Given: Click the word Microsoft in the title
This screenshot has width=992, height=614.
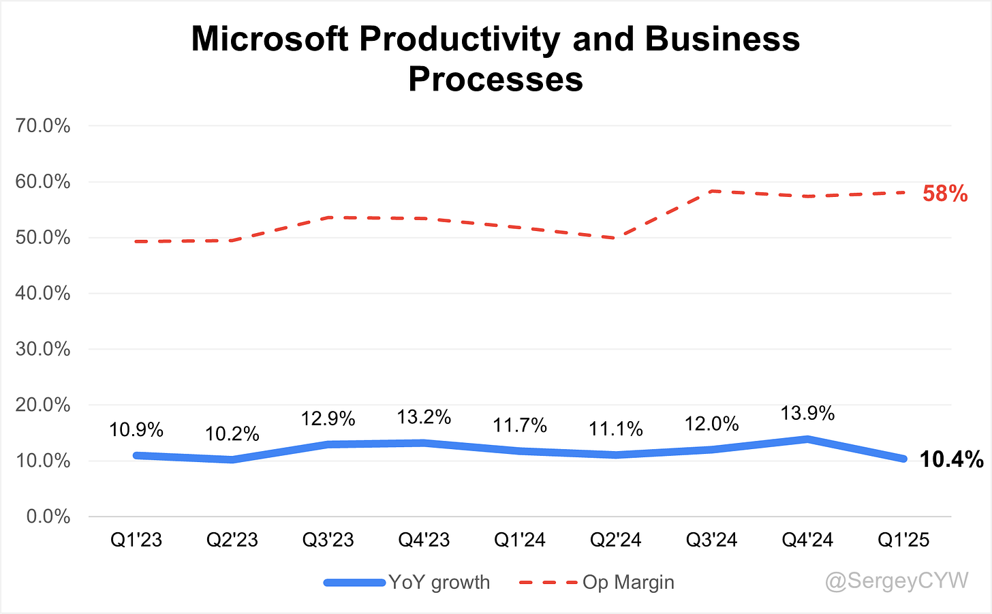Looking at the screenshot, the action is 270,39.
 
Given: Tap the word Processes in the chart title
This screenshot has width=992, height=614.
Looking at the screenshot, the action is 495,79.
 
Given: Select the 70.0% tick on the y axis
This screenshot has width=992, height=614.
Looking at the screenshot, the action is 42,126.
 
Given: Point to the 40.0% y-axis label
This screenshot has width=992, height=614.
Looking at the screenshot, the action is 42,293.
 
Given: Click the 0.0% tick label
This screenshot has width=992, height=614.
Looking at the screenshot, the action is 48,517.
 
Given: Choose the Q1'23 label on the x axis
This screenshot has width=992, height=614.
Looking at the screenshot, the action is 136,540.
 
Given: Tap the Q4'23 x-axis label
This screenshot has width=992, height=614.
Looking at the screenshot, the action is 424,540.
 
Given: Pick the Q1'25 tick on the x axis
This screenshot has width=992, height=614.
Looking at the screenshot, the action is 903,540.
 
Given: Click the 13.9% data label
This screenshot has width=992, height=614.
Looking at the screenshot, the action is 807,414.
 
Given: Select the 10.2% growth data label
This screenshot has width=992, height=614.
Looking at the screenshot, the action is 232,434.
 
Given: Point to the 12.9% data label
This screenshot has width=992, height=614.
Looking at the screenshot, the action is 328,418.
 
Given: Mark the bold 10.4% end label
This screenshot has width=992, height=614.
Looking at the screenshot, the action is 951,459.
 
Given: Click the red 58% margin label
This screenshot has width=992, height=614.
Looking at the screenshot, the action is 945,194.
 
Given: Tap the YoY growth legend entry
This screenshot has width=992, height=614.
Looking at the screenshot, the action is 407,582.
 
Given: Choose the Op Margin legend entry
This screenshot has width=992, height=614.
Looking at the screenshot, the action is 597,582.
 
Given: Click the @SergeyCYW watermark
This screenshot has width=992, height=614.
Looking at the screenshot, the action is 897,581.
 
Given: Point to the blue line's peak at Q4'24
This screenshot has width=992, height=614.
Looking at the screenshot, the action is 807,439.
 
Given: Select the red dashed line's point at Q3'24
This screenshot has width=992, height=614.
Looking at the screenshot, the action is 712,191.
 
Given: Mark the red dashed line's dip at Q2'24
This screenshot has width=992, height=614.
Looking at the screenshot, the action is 616,238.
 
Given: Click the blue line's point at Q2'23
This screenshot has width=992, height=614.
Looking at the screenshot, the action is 232,459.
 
